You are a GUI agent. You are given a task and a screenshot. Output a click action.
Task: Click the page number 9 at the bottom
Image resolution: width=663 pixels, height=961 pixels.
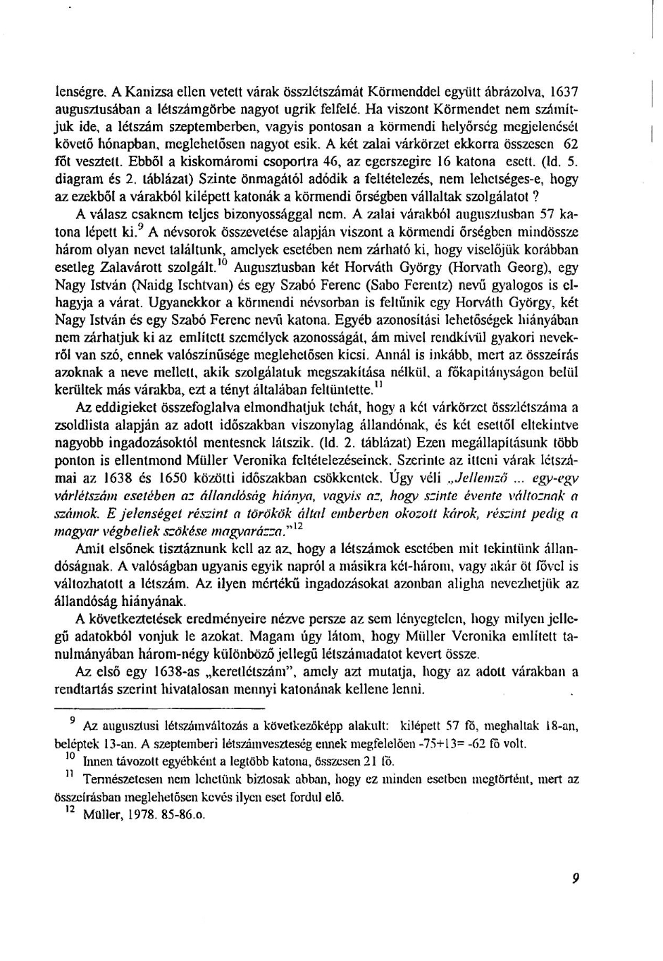click(575, 878)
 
